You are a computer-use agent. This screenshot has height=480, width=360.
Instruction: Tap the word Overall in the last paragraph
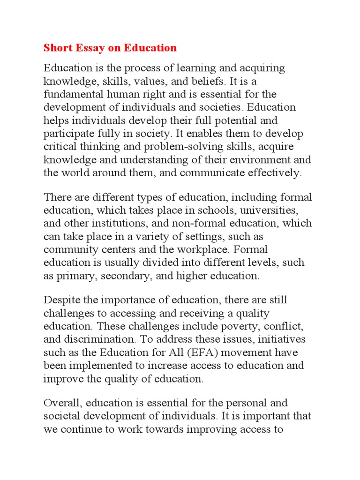tap(60, 403)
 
